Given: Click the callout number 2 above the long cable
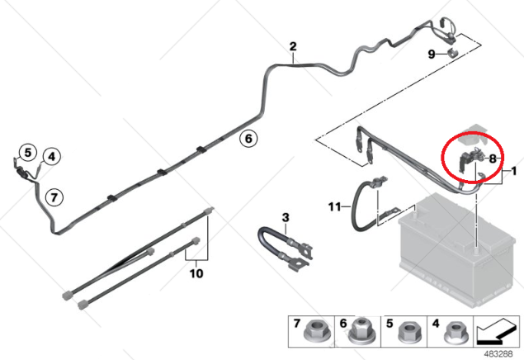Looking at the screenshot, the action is click(293, 46).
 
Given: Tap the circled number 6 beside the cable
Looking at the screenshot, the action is click(248, 138).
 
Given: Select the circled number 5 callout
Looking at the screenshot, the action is click(28, 153).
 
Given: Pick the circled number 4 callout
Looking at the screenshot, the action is click(51, 156).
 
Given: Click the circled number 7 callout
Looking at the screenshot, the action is click(54, 197).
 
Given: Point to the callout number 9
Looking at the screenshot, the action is click(432, 54).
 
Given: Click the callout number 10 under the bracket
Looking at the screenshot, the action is click(196, 273).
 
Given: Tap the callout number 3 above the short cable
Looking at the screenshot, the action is click(285, 218).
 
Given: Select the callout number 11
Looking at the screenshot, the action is click(334, 207).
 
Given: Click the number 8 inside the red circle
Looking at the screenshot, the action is click(493, 159).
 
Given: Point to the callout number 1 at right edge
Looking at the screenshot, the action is click(514, 171).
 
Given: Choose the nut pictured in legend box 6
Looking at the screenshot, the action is click(362, 331).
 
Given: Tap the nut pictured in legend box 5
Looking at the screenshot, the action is click(408, 333).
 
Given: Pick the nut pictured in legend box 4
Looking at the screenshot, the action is click(455, 332).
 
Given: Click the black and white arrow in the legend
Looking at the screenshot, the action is click(496, 332).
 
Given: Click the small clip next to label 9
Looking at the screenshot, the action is click(453, 53).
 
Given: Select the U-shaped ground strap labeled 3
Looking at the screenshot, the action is click(285, 247).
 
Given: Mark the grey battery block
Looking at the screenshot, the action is click(457, 251).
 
